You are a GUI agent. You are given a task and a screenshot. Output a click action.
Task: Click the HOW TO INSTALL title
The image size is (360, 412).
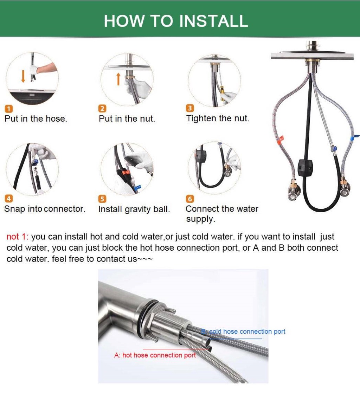[176, 21]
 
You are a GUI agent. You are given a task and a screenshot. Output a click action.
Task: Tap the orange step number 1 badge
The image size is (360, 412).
[8, 109]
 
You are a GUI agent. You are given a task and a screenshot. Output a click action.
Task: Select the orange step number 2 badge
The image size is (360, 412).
[102, 109]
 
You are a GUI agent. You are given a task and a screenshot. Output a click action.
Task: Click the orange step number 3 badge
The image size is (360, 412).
[189, 108]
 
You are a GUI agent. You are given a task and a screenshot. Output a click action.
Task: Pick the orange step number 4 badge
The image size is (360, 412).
[8, 199]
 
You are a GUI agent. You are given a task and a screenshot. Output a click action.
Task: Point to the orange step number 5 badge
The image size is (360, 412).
[102, 199]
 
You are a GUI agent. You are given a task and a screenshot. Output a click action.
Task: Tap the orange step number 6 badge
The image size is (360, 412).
[189, 199]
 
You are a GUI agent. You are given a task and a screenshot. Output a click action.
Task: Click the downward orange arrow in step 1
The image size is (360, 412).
[23, 76]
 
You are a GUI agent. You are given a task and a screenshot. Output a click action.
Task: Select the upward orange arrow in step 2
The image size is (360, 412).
[118, 79]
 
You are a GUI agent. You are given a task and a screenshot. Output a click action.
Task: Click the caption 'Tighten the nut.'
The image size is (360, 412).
[218, 118]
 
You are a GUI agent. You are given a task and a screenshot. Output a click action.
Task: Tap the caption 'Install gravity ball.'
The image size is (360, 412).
[134, 210]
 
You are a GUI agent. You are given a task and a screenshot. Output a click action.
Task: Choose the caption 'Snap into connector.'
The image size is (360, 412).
[45, 209]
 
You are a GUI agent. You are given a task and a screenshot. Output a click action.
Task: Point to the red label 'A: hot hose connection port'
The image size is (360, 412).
[155, 355]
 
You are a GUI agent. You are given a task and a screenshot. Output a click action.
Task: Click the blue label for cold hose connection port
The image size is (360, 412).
[243, 331]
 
